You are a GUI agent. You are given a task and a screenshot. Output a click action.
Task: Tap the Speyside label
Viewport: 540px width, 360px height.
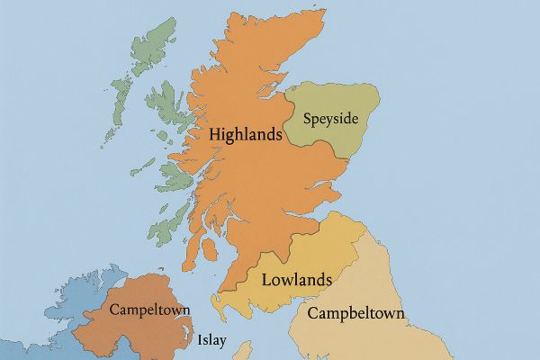(330, 119)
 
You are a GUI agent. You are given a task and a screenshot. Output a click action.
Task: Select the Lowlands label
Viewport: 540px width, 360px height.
(296, 279)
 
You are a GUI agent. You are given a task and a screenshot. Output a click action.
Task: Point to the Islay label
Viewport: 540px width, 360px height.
(212, 341)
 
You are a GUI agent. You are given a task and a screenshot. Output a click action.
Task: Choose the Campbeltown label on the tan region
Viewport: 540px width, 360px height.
(355, 314)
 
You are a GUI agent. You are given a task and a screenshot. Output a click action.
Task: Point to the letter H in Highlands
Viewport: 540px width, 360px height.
(214, 133)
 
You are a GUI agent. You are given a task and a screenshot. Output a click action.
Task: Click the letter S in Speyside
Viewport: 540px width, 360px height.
(308, 119)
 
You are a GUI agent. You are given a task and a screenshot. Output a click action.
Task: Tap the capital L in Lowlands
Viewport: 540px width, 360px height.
(266, 279)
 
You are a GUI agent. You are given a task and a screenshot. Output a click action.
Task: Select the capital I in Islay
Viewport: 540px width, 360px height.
(200, 341)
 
